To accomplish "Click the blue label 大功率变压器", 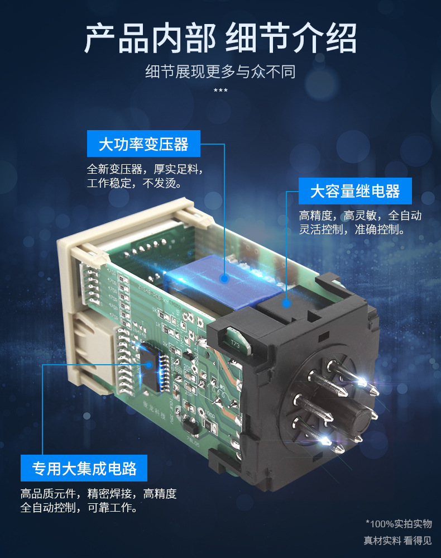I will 143,145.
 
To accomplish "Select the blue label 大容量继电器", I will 355,192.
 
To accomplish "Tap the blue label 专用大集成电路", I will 84,468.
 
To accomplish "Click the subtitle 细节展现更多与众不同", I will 220,71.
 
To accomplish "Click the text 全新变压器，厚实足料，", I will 145,169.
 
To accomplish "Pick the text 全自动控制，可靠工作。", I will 79,508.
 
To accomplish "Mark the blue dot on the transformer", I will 224,278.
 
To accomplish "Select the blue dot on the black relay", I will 286,303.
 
